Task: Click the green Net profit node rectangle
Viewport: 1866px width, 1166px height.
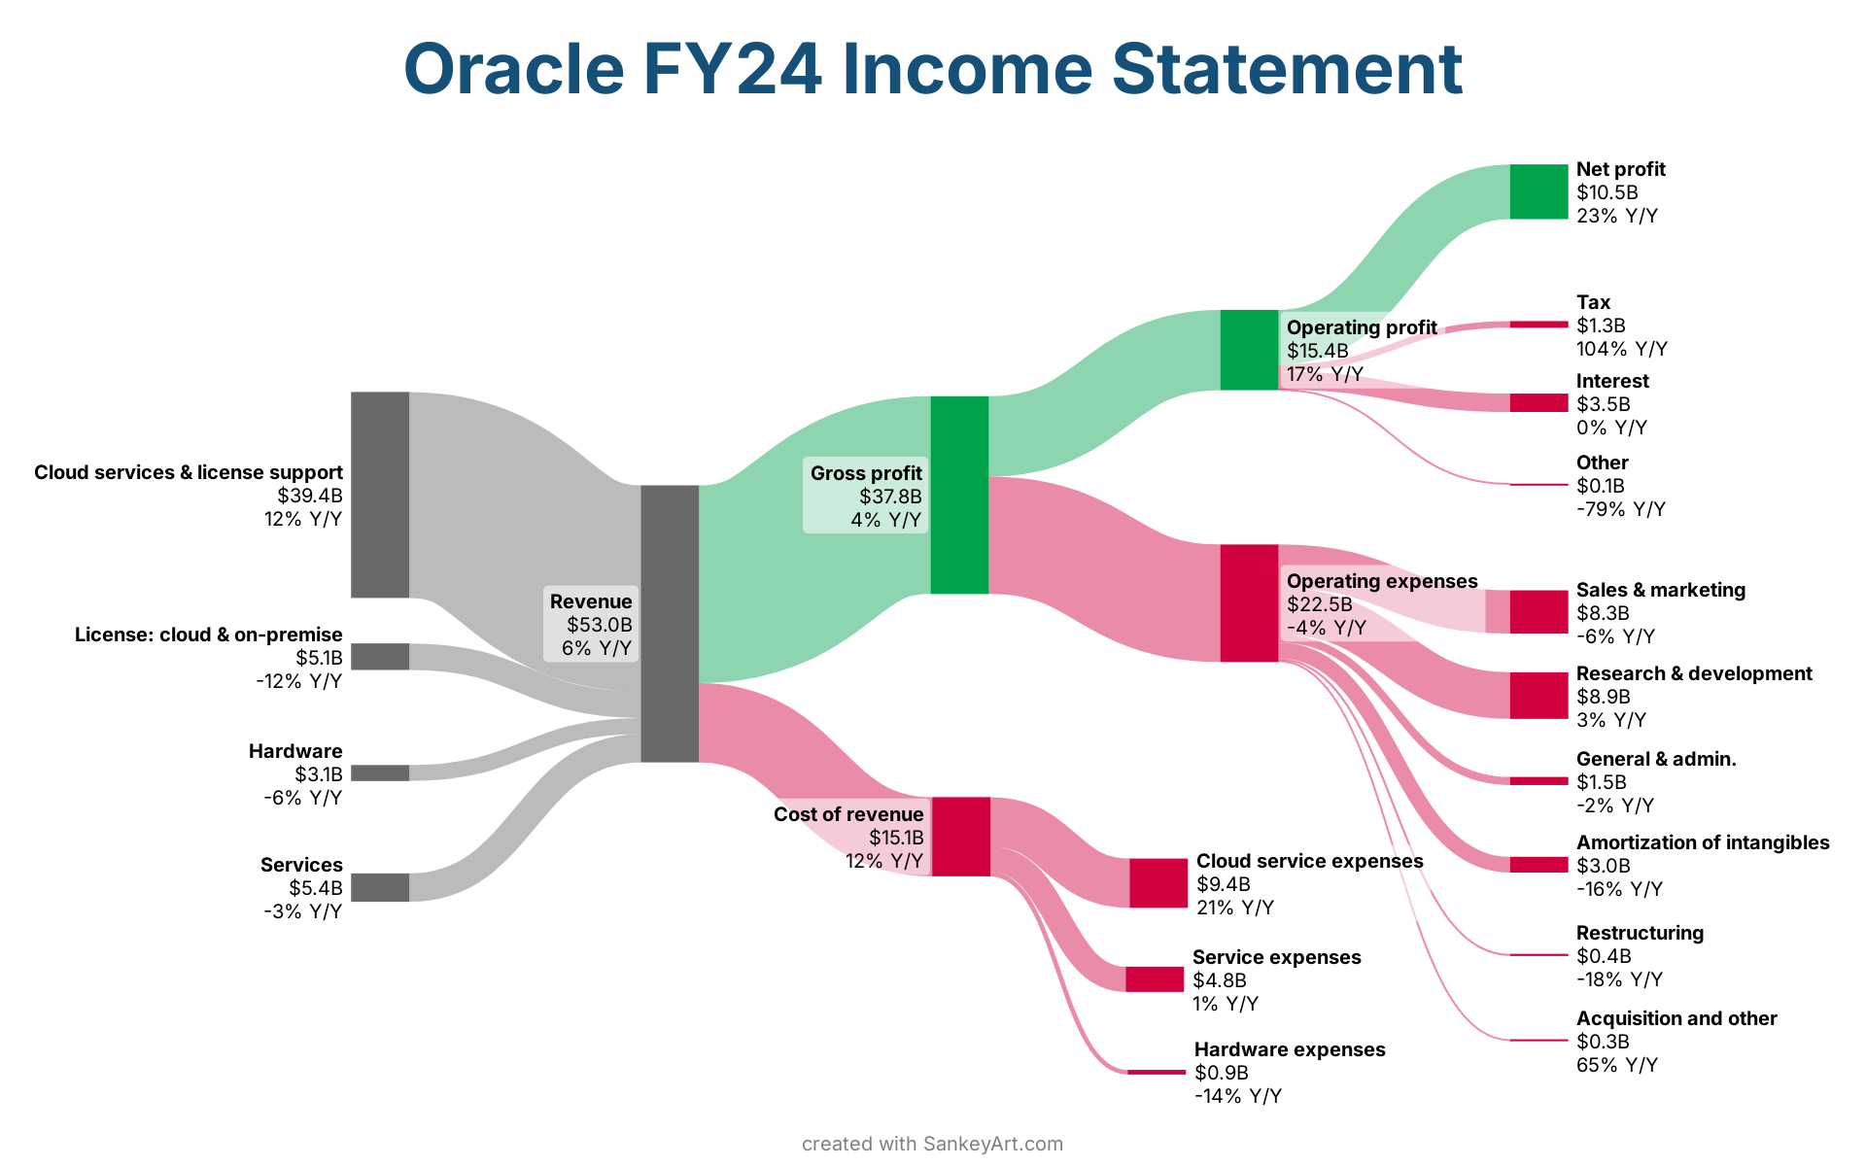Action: click(x=1538, y=191)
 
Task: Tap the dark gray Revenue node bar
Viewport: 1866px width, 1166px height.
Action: click(x=670, y=623)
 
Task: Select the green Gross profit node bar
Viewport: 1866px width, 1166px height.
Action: click(x=959, y=495)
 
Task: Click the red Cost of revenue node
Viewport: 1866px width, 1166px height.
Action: click(x=960, y=837)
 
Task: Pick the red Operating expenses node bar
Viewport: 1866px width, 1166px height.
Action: click(x=1249, y=602)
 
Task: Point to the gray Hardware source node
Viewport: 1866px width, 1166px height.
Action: click(x=380, y=772)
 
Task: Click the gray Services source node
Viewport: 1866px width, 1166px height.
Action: click(x=380, y=887)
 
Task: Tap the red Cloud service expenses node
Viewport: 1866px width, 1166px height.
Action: click(x=1158, y=882)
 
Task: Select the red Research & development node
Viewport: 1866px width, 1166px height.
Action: click(x=1538, y=695)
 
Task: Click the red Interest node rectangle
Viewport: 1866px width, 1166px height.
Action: click(x=1538, y=402)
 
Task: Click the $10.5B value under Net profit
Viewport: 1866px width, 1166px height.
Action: click(x=1607, y=192)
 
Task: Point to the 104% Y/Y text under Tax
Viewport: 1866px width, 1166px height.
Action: click(x=1622, y=349)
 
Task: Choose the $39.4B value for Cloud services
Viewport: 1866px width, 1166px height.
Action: click(x=310, y=496)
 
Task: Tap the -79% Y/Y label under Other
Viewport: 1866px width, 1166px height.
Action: click(x=1621, y=509)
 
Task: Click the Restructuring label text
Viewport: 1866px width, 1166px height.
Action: click(x=1640, y=933)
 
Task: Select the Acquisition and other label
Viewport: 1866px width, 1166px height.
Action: click(x=1676, y=1018)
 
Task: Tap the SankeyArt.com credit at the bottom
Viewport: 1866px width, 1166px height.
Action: click(x=993, y=1144)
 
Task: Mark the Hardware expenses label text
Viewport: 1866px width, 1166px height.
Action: click(x=1290, y=1049)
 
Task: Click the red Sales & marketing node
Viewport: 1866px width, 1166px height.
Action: click(x=1538, y=611)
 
